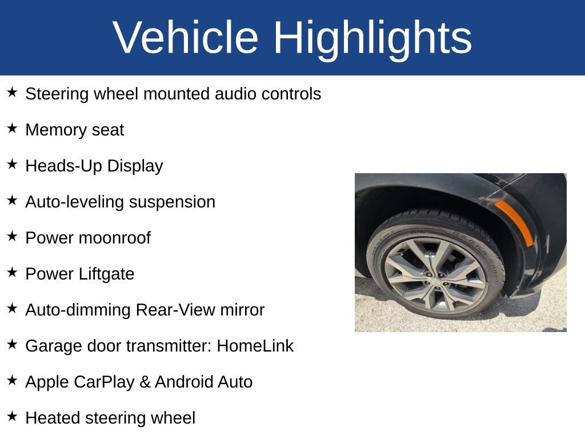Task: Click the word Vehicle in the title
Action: coord(186,37)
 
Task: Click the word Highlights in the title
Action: coord(372,40)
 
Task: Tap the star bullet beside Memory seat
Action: coord(12,128)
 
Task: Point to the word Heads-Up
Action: coord(64,166)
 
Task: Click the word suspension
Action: coord(173,202)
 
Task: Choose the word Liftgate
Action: coord(106,274)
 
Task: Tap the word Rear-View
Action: coord(175,310)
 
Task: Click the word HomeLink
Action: coord(255,346)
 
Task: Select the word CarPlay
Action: coord(104,382)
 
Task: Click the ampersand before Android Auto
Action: coord(145,382)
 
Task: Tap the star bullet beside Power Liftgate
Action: coord(12,272)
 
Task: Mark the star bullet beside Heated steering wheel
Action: coord(12,416)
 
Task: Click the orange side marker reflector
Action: coord(514,222)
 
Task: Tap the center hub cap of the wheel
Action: coord(435,280)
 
